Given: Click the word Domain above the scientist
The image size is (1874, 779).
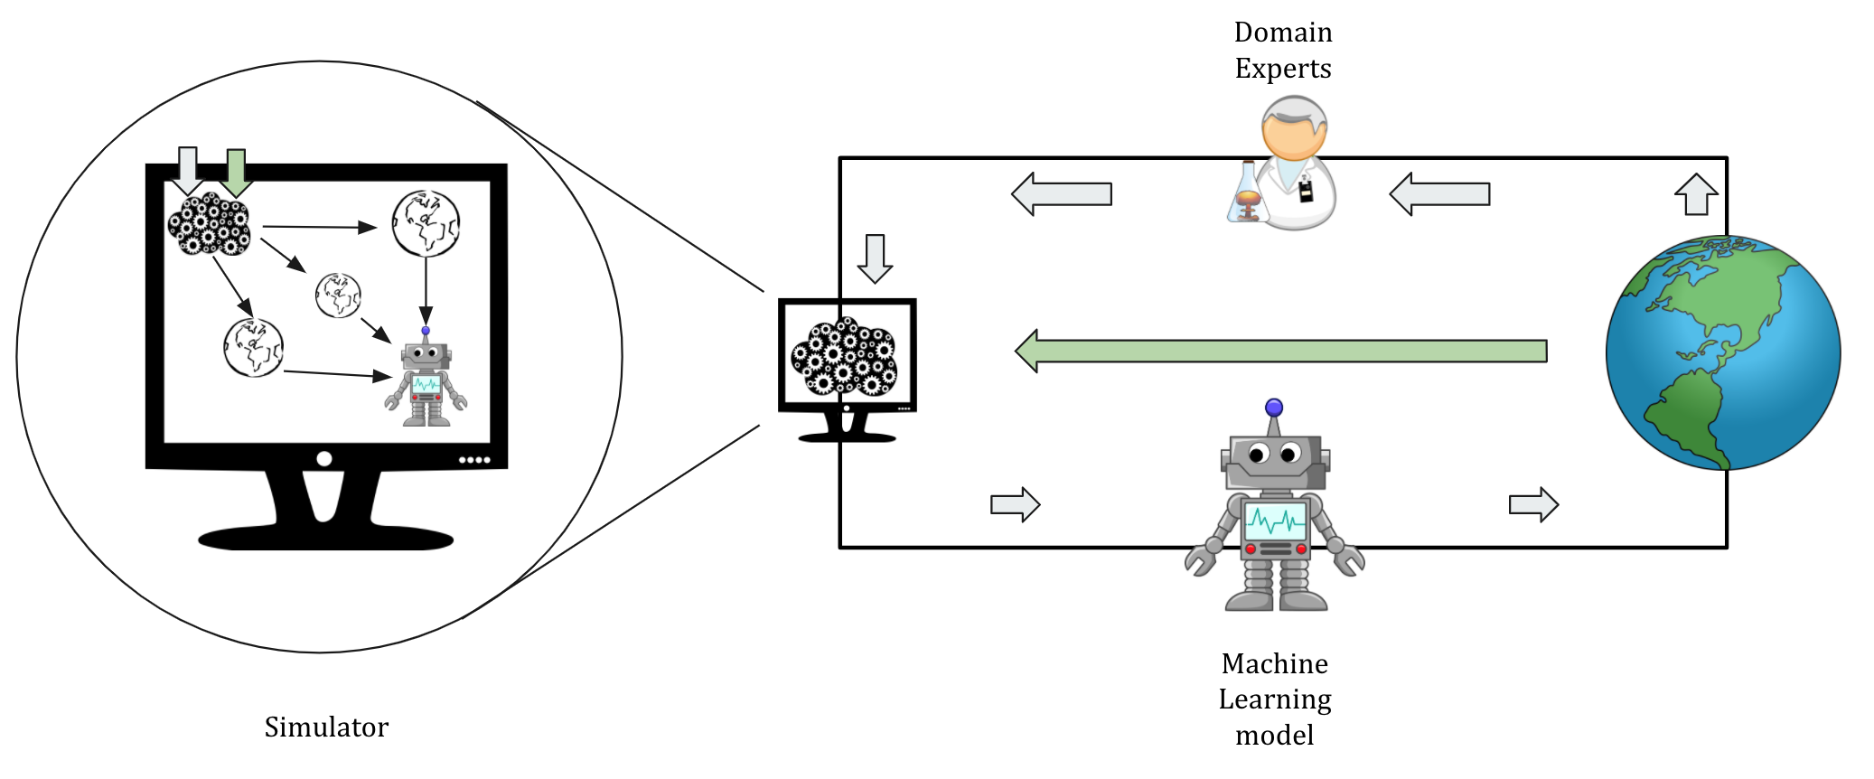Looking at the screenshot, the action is (x=1283, y=33).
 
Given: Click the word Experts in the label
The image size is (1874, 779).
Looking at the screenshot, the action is (x=1283, y=69).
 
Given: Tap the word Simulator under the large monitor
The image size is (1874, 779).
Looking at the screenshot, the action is (x=326, y=727).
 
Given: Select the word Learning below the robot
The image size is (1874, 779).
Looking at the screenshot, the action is (x=1275, y=700).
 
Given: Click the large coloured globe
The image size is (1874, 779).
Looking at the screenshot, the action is (x=1723, y=352).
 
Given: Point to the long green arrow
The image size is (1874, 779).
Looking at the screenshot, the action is (x=1281, y=351).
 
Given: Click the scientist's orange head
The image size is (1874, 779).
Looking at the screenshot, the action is (x=1295, y=129).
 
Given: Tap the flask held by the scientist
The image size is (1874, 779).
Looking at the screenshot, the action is (x=1248, y=193).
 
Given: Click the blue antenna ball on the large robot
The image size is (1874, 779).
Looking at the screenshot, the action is (x=1274, y=408).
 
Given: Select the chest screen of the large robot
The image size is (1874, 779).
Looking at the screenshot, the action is (x=1276, y=521).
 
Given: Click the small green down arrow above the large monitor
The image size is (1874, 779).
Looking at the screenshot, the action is (x=236, y=173).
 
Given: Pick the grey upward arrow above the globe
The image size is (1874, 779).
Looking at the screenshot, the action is (x=1696, y=194).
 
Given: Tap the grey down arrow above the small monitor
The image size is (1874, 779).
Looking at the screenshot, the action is (x=875, y=258).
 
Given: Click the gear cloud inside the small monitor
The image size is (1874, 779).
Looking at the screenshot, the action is (x=845, y=356).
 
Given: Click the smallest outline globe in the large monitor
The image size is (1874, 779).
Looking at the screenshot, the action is (x=338, y=296).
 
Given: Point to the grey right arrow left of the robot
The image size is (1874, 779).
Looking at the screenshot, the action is (x=1016, y=504).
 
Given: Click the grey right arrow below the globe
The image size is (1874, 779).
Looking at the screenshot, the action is (x=1533, y=504).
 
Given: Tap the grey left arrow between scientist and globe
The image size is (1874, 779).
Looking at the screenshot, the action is (x=1439, y=194).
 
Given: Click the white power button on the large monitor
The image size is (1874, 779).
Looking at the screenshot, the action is (x=324, y=459).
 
